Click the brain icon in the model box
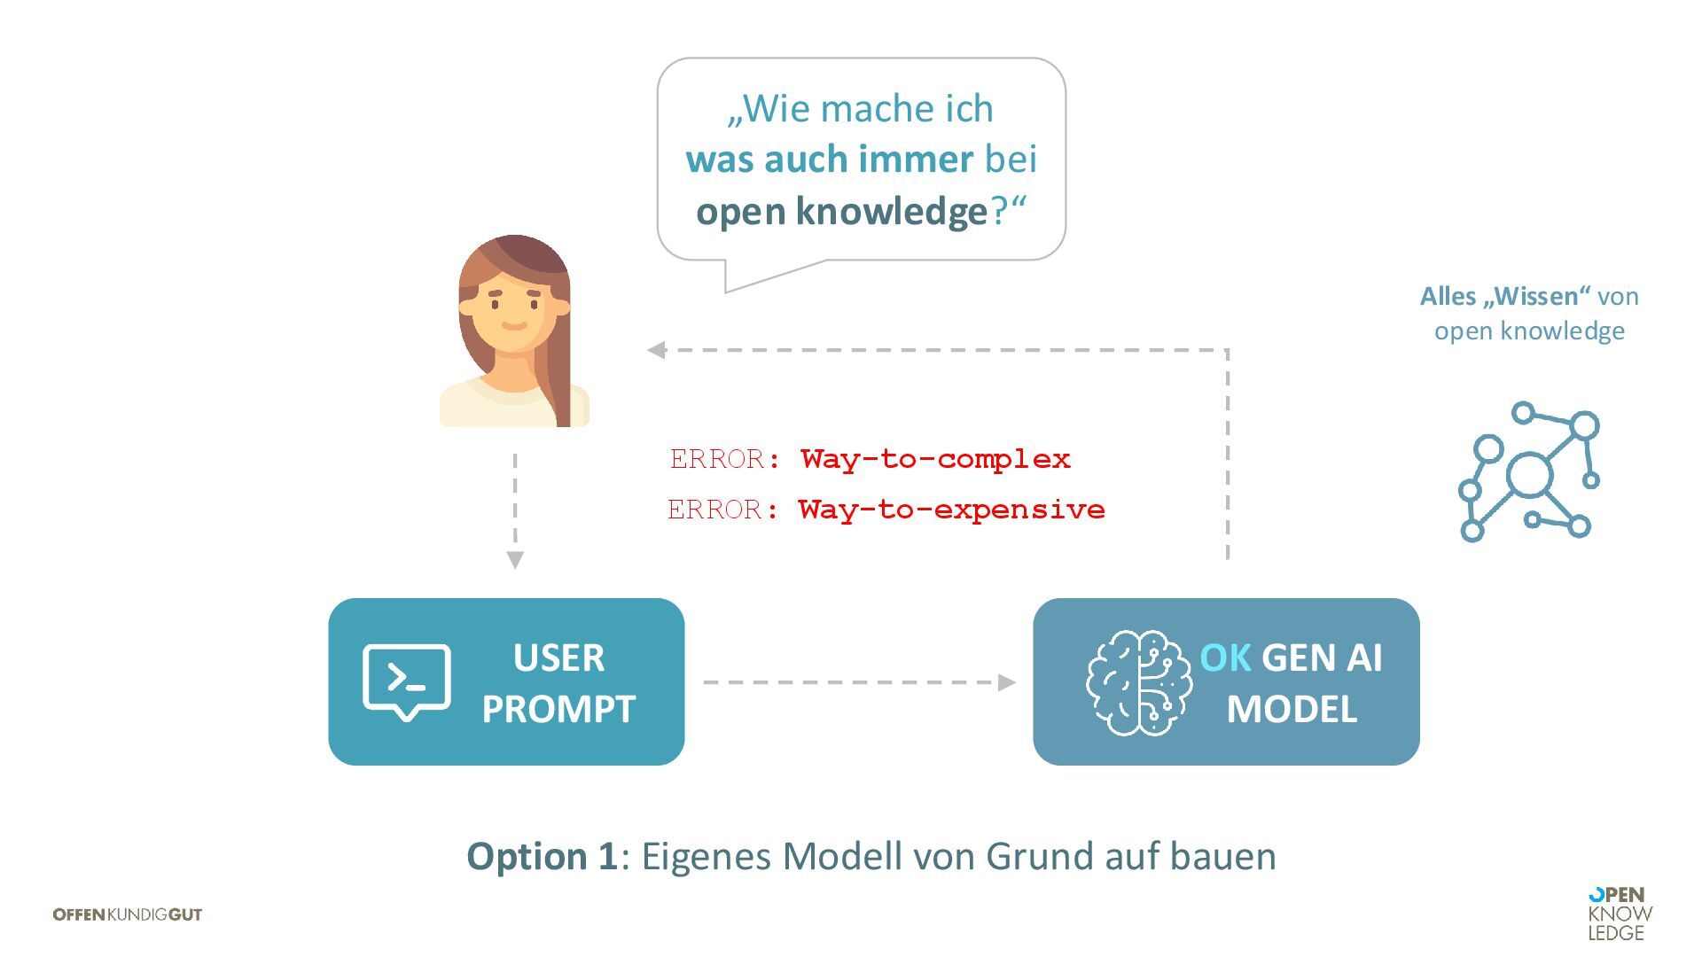pos(1138,682)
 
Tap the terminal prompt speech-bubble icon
pos(407,681)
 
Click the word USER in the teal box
pos(558,657)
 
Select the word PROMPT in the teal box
pos(558,709)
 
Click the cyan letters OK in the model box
pos(1224,657)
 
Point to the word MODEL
pos(1292,709)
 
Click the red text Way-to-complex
pos(935,459)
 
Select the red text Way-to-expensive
pos(951,510)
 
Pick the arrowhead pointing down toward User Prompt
pos(515,560)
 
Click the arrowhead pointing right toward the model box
pos(1006,682)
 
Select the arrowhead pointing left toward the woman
pos(657,350)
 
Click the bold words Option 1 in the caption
pos(542,856)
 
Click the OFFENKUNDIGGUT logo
pos(128,914)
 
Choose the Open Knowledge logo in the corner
pos(1620,914)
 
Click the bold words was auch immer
pos(829,159)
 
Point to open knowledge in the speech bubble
pos(841,211)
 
